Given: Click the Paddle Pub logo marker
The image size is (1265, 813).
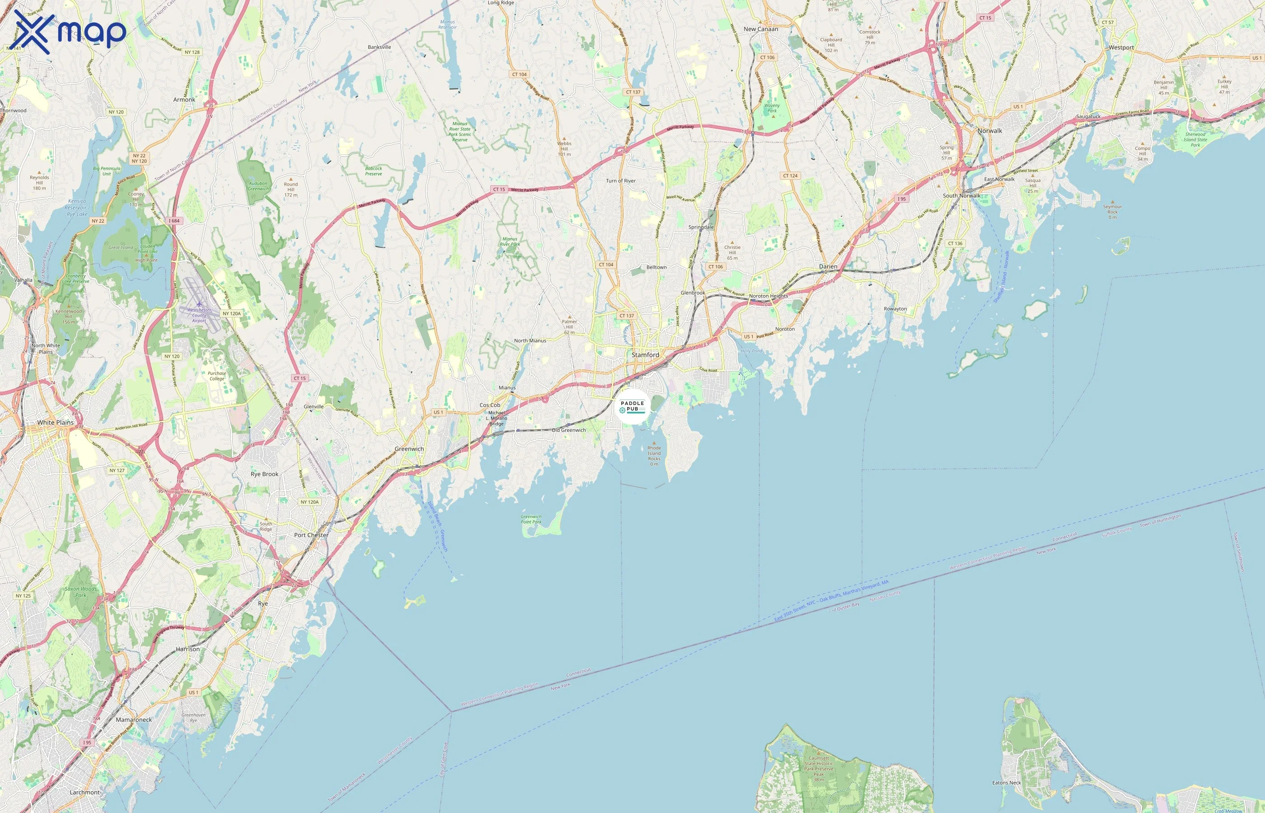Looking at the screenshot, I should (632, 406).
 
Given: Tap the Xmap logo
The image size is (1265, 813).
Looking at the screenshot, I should (70, 32).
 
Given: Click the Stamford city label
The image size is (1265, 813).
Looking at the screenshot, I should (645, 355).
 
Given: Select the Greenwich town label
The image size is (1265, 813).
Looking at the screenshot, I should (409, 449).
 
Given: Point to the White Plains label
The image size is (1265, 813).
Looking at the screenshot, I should (56, 422).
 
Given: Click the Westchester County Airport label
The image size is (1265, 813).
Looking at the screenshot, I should (199, 315).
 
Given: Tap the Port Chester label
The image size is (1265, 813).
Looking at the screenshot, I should (311, 535).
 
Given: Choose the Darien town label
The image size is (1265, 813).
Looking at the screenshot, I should (828, 266).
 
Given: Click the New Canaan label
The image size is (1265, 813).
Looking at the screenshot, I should (760, 29).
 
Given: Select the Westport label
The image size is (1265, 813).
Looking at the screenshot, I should (1121, 47).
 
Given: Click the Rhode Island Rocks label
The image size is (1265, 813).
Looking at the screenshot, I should (654, 455).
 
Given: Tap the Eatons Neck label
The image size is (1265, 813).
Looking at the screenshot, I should (1006, 782).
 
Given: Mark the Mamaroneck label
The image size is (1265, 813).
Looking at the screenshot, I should (134, 720).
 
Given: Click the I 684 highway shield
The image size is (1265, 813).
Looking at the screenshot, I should (174, 221).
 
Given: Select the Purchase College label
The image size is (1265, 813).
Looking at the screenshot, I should (216, 375).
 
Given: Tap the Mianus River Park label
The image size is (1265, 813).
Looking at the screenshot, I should (510, 241).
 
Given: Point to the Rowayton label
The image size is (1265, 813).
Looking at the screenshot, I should (895, 309).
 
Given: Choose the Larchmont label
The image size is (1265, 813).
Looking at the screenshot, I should (84, 792).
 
